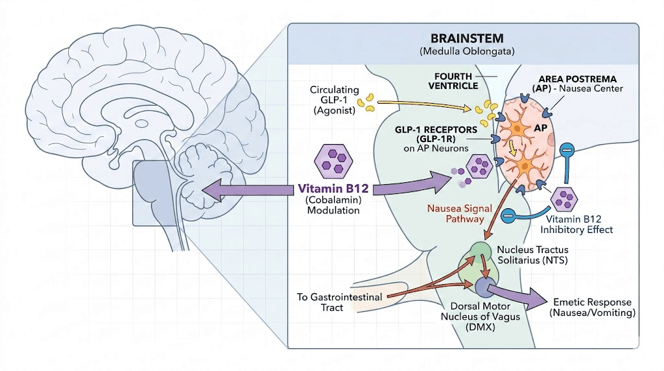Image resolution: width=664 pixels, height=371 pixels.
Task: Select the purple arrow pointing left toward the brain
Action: [246, 189]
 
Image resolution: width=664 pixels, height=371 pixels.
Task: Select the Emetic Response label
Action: [593, 307]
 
